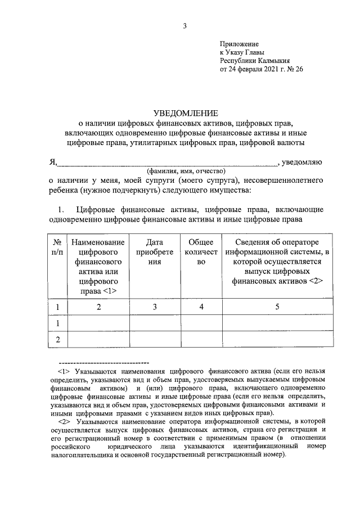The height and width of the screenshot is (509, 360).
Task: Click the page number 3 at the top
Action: [x=184, y=25]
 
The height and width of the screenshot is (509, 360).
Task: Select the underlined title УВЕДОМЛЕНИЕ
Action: [x=185, y=113]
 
